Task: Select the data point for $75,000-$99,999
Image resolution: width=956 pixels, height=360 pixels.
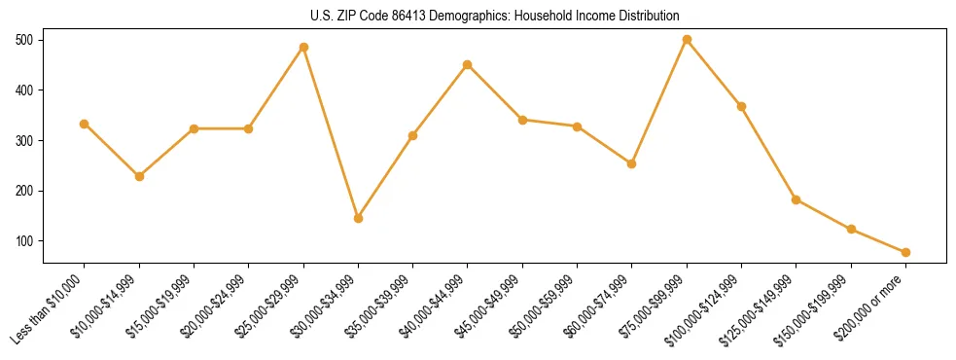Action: pos(687,40)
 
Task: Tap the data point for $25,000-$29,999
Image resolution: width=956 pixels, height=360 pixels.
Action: pos(303,47)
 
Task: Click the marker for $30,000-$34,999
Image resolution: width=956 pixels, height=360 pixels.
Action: pos(358,218)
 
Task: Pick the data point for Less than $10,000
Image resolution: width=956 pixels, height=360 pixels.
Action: pos(84,124)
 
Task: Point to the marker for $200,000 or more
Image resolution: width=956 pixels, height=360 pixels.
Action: pos(905,252)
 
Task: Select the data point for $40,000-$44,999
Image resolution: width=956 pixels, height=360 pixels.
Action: pos(468,64)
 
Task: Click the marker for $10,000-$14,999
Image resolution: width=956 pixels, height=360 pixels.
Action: pos(139,176)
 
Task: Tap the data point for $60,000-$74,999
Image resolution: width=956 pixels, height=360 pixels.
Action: pos(632,163)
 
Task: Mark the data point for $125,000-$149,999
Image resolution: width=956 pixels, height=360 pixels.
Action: pos(797,199)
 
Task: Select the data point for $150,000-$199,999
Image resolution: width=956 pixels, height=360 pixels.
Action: pos(851,230)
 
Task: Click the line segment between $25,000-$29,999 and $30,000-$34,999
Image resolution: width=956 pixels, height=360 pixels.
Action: pos(331,132)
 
